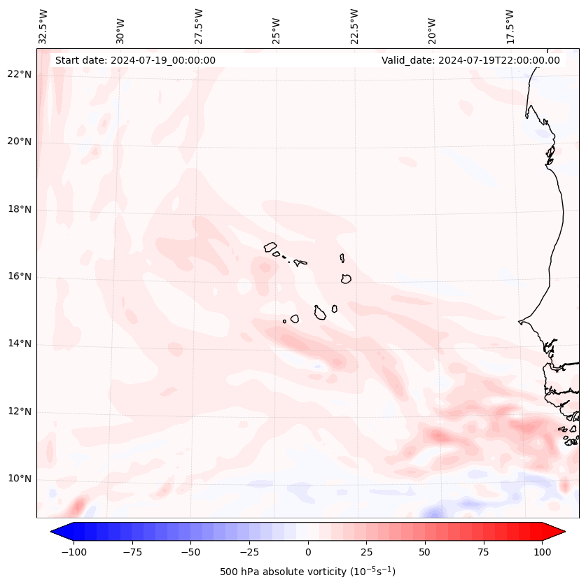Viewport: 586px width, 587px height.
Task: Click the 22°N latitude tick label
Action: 20,75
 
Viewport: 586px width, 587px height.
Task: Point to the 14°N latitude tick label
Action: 20,344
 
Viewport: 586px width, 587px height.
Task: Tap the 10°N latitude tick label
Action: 20,479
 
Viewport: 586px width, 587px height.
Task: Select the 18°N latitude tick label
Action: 20,209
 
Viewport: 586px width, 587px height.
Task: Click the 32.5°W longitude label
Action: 43,26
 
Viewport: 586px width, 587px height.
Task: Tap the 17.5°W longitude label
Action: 510,26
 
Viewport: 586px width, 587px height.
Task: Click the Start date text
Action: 135,60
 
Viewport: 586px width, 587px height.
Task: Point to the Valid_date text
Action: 470,60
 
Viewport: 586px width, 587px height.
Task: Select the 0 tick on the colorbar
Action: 308,552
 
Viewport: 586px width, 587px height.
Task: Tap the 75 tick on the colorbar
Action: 484,552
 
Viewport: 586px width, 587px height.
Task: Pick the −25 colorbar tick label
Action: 249,552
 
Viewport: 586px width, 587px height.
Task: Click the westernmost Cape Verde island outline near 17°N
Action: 270,246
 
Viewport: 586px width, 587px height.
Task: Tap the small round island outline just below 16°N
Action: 346,278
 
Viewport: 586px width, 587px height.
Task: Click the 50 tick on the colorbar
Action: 425,552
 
